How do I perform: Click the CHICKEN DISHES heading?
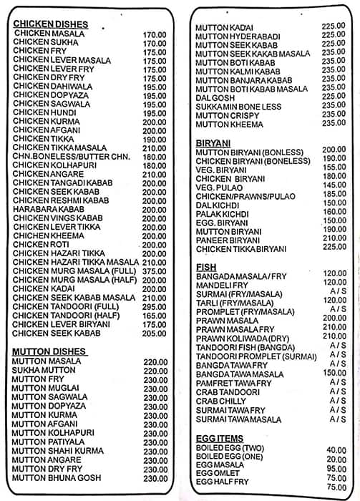51,24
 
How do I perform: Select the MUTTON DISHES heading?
49,351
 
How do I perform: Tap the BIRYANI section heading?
212,143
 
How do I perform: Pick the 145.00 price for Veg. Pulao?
334,185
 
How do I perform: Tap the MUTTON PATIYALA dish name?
48,442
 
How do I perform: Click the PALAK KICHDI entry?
223,213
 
